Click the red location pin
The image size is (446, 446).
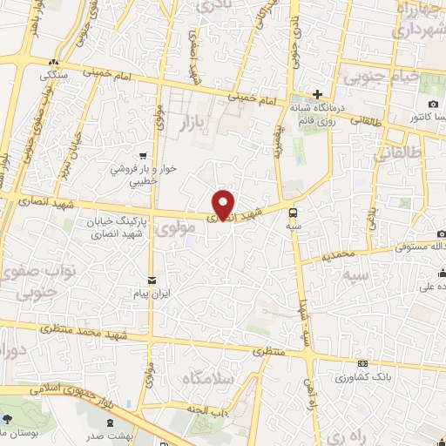click(x=224, y=204)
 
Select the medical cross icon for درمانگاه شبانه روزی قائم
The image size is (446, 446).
click(x=318, y=95)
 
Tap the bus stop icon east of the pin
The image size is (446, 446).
click(x=294, y=211)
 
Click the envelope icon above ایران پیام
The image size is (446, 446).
click(x=153, y=280)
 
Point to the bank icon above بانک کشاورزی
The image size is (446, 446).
click(x=362, y=364)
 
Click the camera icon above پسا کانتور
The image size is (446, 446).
click(x=434, y=104)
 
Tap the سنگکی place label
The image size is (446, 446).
click(x=53, y=75)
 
